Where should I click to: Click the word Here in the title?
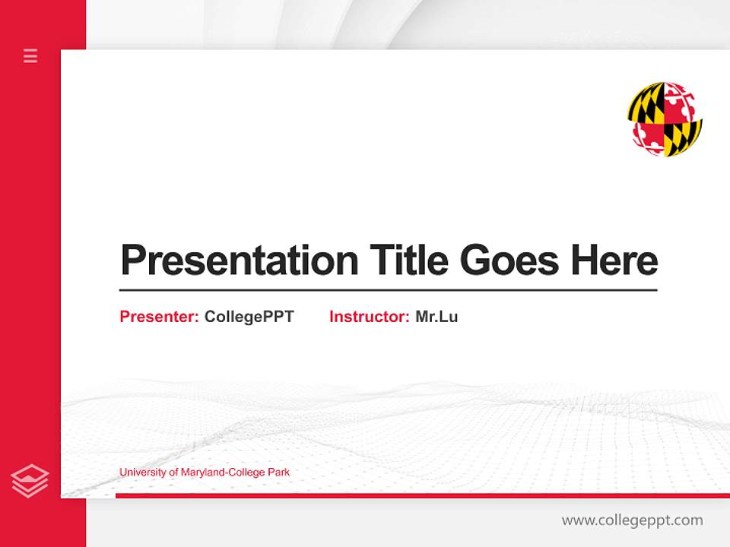pyautogui.click(x=614, y=261)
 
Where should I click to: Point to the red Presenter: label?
pyautogui.click(x=159, y=317)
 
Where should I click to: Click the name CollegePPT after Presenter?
pyautogui.click(x=249, y=317)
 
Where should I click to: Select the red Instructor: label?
pyautogui.click(x=369, y=317)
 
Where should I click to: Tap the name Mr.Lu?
pyautogui.click(x=436, y=317)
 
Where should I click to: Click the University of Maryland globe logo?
pyautogui.click(x=665, y=120)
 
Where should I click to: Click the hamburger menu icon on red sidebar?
pyautogui.click(x=30, y=55)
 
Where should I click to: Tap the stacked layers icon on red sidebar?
pyautogui.click(x=30, y=481)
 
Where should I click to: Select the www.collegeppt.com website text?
pyautogui.click(x=632, y=520)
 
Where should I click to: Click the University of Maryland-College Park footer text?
pyautogui.click(x=205, y=473)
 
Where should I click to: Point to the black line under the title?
pyautogui.click(x=388, y=290)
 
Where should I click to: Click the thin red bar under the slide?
pyautogui.click(x=422, y=495)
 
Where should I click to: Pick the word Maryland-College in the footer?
pyautogui.click(x=222, y=473)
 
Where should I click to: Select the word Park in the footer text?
pyautogui.click(x=278, y=473)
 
